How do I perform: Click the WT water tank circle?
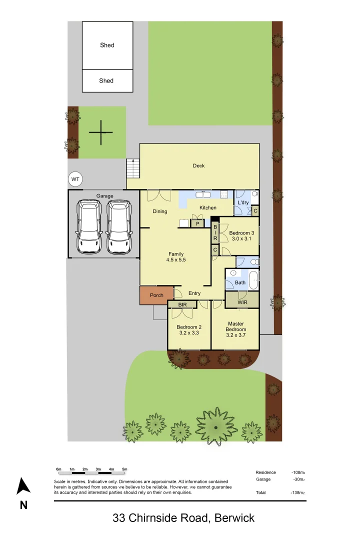pyautogui.click(x=75, y=179)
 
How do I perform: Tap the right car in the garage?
pyautogui.click(x=119, y=226)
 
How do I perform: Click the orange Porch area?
pyautogui.click(x=156, y=295)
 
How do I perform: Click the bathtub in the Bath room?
pyautogui.click(x=253, y=280)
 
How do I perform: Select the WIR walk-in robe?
pyautogui.click(x=242, y=301)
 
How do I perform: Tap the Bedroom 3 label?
pyautogui.click(x=241, y=233)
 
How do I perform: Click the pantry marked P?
pyautogui.click(x=197, y=223)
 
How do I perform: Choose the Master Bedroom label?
pyautogui.click(x=235, y=326)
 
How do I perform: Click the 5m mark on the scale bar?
pyautogui.click(x=124, y=469)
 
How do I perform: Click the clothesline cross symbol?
pyautogui.click(x=100, y=132)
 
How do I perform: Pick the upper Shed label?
pyautogui.click(x=107, y=45)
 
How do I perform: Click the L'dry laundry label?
pyautogui.click(x=243, y=202)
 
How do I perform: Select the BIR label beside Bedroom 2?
pyautogui.click(x=178, y=304)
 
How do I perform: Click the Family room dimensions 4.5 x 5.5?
pyautogui.click(x=175, y=260)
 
